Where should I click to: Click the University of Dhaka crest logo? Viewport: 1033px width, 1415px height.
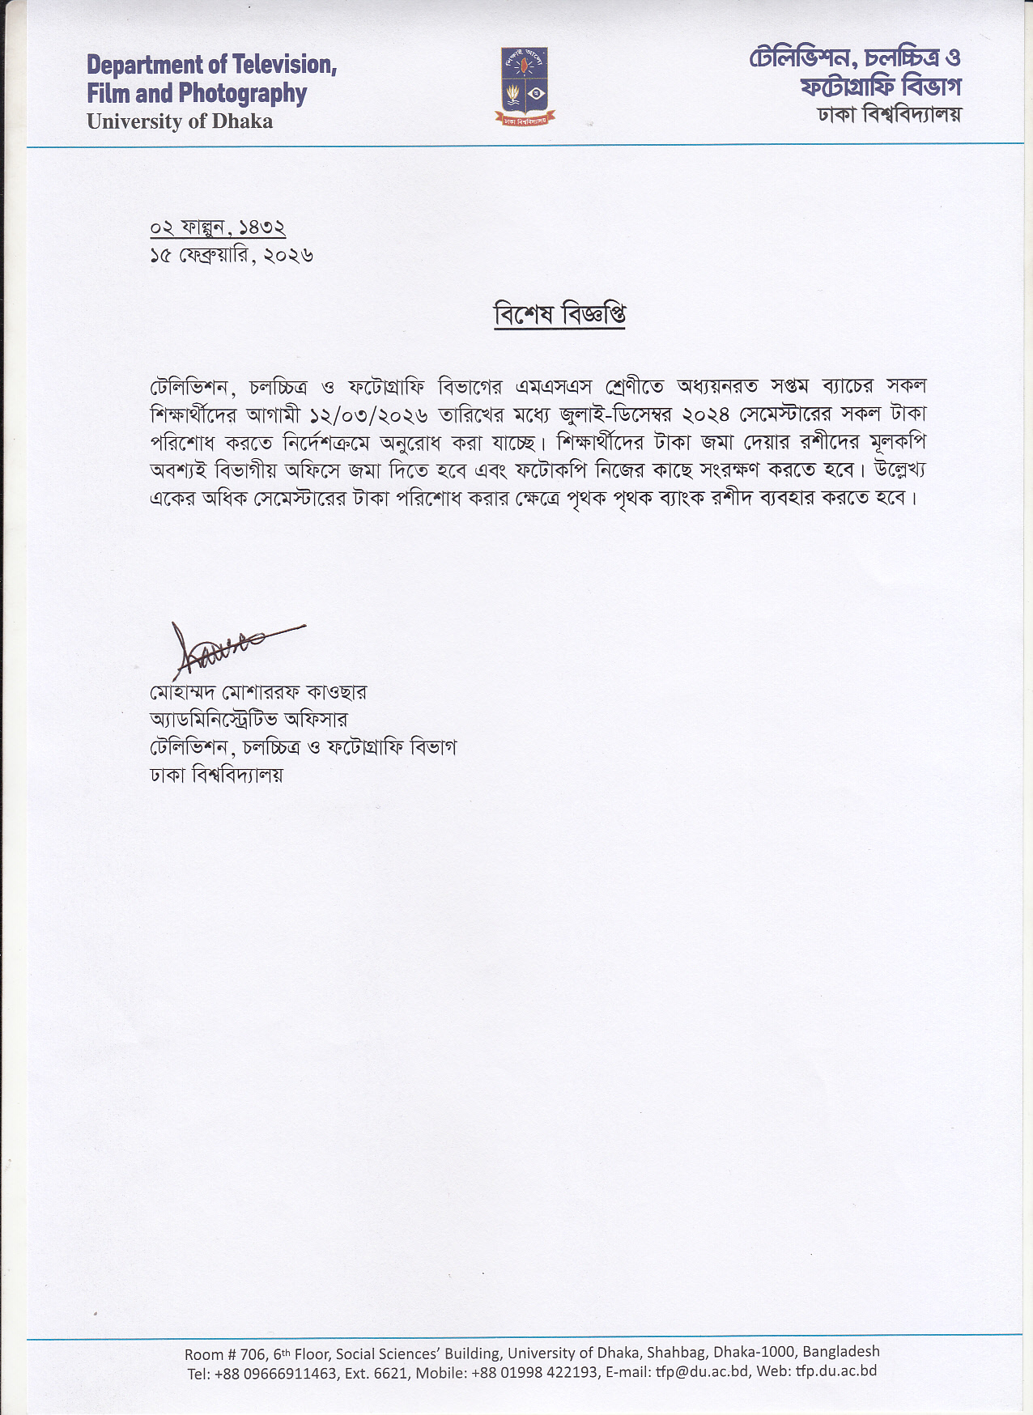tap(525, 86)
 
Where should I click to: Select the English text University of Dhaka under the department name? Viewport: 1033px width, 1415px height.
tap(180, 121)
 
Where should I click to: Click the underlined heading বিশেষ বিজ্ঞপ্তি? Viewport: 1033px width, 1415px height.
tap(559, 315)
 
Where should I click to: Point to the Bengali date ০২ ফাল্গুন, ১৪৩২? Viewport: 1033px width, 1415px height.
tap(218, 227)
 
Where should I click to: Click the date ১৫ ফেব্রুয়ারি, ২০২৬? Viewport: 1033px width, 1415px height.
tap(232, 256)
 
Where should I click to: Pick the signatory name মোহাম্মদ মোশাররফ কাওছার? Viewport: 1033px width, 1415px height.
tap(258, 693)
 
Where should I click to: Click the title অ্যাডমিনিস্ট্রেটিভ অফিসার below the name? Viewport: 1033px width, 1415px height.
tap(249, 720)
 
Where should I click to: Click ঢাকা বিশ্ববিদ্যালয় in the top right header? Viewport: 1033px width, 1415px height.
tap(889, 115)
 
